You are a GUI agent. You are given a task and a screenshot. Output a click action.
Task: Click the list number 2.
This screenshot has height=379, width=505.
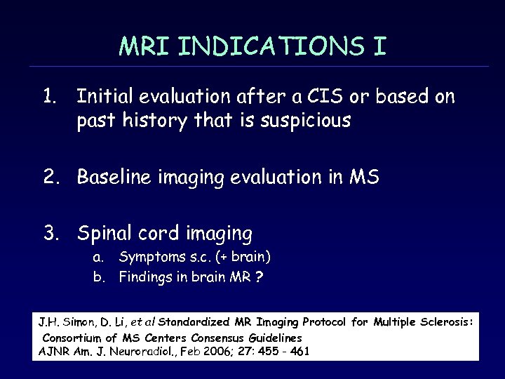[x=51, y=178]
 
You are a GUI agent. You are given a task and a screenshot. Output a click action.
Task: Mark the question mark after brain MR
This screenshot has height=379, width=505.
[x=260, y=277]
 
